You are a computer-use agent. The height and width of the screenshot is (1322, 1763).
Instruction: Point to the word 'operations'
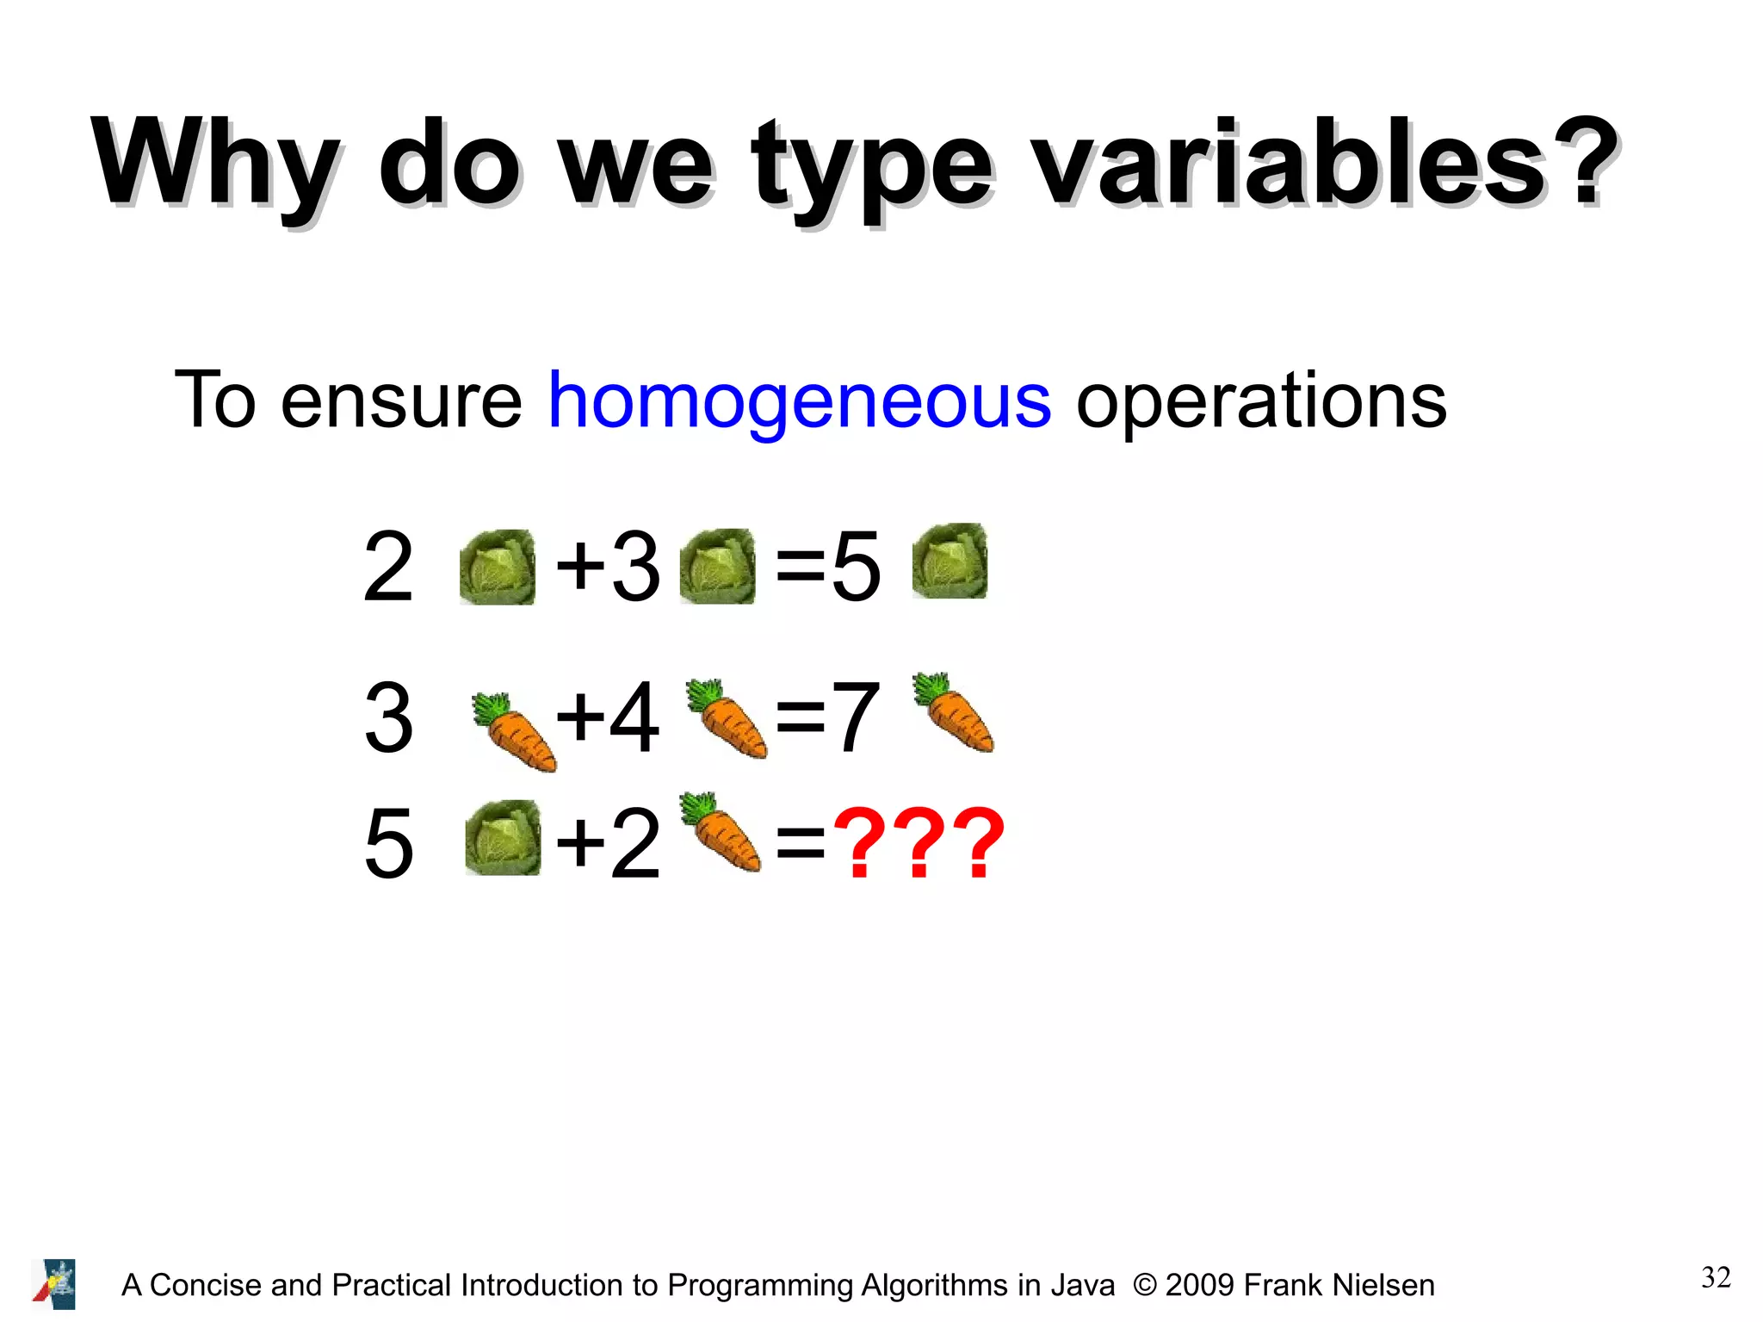click(x=1261, y=401)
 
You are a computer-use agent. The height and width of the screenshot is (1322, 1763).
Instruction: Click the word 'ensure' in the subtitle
click(x=400, y=401)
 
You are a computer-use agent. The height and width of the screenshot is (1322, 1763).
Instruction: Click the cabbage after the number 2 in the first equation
click(x=497, y=567)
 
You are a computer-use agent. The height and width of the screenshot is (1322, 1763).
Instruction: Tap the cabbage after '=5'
click(x=950, y=561)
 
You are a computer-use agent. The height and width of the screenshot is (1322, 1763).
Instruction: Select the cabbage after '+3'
click(x=717, y=566)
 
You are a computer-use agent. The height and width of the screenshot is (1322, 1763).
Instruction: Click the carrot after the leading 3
click(x=514, y=730)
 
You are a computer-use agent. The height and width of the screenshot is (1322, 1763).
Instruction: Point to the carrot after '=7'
click(x=954, y=712)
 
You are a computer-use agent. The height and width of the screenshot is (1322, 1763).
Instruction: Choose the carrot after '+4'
click(x=727, y=718)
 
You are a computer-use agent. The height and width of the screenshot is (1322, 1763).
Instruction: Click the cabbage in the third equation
click(x=503, y=837)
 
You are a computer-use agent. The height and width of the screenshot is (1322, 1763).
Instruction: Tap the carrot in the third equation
click(x=721, y=831)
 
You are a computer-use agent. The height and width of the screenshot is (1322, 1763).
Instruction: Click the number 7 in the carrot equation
click(x=856, y=717)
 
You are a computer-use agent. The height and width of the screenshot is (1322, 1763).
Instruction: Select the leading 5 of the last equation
click(x=389, y=843)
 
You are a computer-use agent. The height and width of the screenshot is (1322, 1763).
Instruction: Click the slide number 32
click(x=1716, y=1276)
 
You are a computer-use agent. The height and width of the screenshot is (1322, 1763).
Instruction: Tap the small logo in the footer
click(x=54, y=1283)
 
